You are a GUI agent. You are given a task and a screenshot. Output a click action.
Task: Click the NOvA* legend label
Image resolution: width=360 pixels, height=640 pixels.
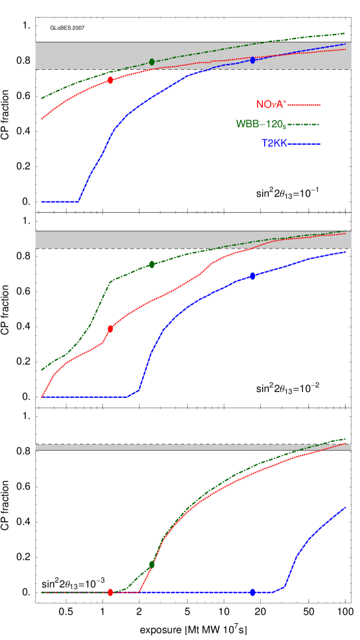[x=271, y=104]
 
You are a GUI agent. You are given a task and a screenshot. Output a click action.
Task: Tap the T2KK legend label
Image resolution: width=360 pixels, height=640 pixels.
[x=274, y=144]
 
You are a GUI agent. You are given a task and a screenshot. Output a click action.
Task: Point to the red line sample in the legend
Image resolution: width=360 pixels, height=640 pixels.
[x=304, y=104]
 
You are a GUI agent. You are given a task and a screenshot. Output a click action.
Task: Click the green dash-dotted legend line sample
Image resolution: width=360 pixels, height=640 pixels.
[x=304, y=124]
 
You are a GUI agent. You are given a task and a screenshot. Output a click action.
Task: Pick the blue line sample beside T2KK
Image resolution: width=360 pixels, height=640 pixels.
[x=304, y=144]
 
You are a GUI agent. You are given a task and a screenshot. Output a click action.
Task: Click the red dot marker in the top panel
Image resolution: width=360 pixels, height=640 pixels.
[x=110, y=80]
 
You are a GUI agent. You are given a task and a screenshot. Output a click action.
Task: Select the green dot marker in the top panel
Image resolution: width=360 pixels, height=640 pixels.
[x=152, y=62]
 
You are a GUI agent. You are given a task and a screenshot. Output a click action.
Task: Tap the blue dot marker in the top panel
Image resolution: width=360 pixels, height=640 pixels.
[x=252, y=60]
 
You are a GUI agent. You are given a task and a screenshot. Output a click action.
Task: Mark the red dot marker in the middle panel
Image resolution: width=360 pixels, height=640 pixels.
[x=110, y=329]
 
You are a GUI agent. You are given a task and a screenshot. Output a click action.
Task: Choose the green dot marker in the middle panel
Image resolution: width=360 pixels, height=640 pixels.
[x=152, y=264]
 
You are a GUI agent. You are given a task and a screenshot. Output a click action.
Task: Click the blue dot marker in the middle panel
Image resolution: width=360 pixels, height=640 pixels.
[x=252, y=276]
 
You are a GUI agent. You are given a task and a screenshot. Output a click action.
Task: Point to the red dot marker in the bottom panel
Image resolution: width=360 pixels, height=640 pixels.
[x=110, y=592]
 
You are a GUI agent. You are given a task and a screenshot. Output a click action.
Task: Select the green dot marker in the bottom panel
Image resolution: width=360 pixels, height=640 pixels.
[x=152, y=564]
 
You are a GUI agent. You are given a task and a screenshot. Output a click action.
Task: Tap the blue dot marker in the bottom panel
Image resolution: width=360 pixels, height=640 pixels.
[x=252, y=592]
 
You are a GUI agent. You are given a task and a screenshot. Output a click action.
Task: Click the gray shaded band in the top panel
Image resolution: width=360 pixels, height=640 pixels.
[x=78, y=55]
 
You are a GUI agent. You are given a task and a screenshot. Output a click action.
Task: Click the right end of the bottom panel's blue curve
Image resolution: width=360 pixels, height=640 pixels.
[x=345, y=507]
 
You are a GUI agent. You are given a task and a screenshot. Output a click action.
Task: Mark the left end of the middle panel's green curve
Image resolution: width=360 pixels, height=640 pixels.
[x=42, y=369]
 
